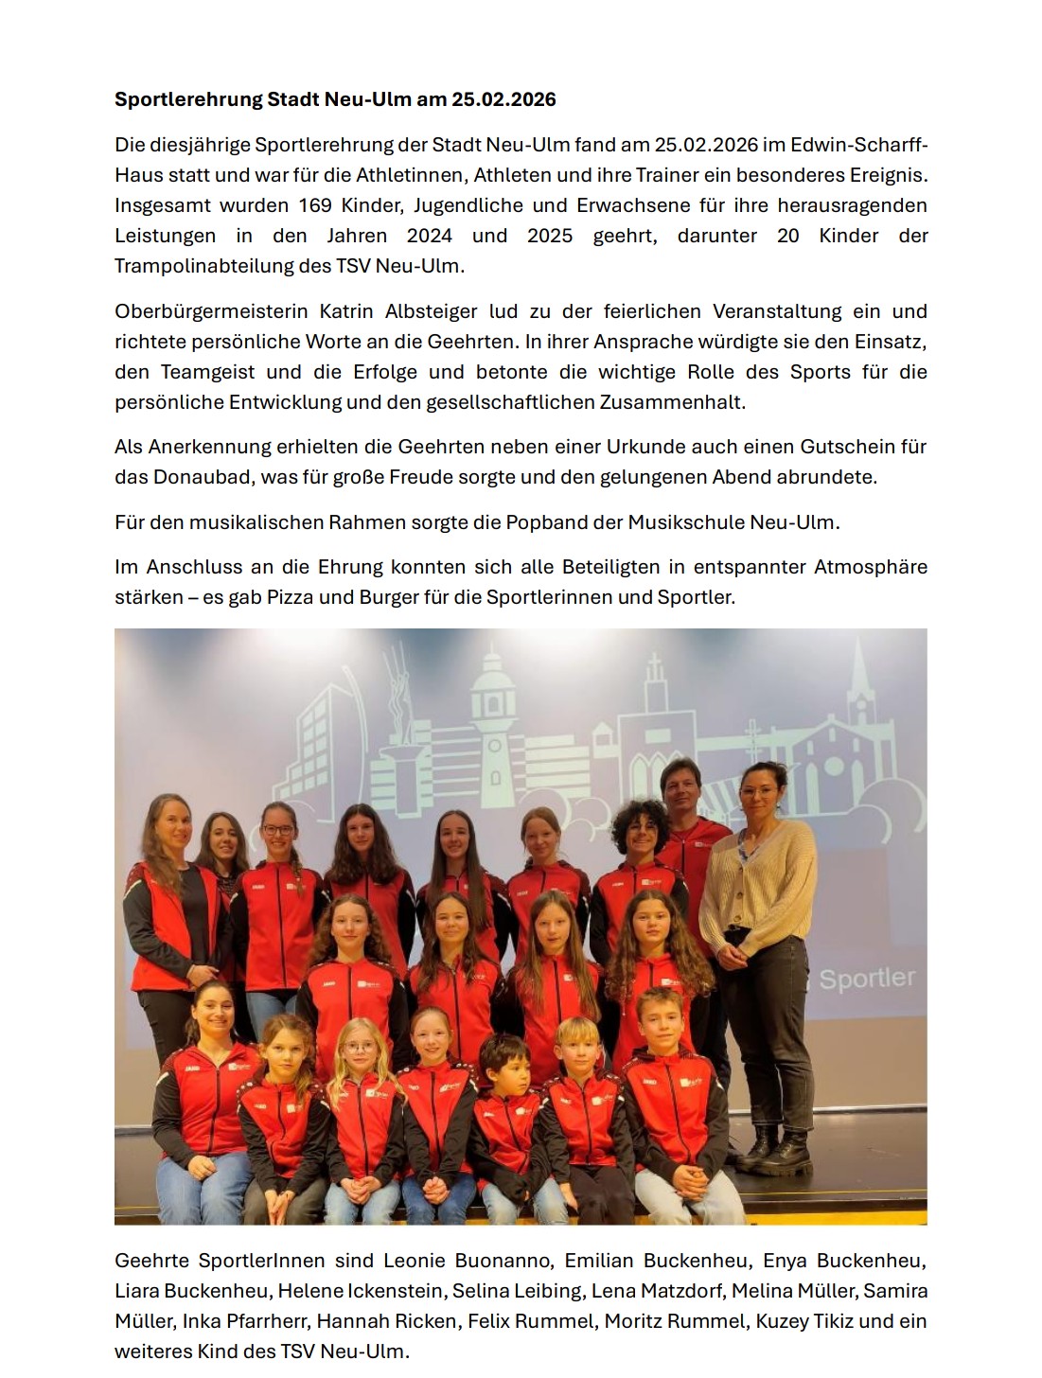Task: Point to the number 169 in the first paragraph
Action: click(315, 205)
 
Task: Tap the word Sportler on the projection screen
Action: click(867, 978)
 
